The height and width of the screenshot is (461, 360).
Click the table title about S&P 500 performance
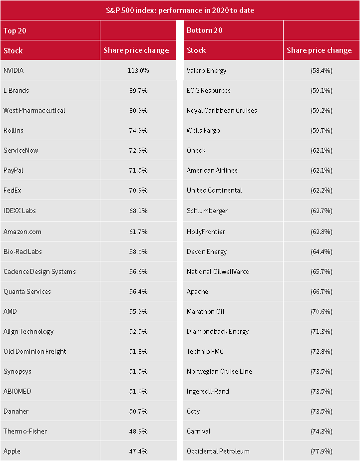tap(180, 10)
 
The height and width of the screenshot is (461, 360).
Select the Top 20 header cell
tap(15, 30)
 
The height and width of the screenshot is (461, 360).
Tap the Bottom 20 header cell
tap(204, 30)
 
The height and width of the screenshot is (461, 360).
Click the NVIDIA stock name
tap(13, 70)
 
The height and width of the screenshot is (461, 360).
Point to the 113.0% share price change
tap(138, 70)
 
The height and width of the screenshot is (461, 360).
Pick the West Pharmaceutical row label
tap(34, 110)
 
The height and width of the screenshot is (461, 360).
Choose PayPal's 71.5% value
tap(138, 170)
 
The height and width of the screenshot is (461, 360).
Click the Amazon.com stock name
tap(22, 231)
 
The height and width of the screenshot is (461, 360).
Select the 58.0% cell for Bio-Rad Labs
tap(138, 251)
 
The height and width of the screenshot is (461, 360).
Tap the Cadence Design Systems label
tap(39, 271)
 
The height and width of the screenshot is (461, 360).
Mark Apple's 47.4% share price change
tap(138, 451)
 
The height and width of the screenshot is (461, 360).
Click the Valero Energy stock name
tap(206, 70)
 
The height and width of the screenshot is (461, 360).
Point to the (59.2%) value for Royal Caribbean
tap(321, 110)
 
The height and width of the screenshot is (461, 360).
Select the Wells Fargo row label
tap(203, 130)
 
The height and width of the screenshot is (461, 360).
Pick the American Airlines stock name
tap(212, 170)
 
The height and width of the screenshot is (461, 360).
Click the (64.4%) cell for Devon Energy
tap(321, 251)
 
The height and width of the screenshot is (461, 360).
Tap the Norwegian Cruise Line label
tap(219, 371)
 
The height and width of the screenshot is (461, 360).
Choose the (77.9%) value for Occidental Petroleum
tap(321, 451)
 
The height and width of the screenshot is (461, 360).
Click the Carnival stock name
tap(199, 431)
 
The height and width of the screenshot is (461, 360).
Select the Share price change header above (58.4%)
tap(319, 50)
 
